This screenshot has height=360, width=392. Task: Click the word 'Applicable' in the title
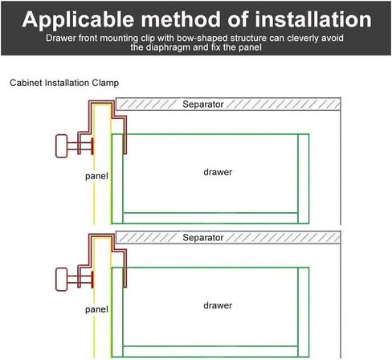point(78,20)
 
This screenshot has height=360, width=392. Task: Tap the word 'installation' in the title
point(313,19)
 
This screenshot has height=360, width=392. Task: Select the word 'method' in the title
point(182,19)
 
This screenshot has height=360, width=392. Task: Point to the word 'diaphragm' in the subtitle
point(169,47)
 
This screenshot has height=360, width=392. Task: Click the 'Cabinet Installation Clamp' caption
point(64,83)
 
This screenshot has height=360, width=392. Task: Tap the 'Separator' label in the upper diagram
point(203,104)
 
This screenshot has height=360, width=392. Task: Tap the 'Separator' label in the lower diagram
point(203,238)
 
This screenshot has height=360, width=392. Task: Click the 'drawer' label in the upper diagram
point(218,172)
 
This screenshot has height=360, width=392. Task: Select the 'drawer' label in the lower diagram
point(218,305)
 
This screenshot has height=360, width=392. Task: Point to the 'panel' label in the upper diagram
point(96,177)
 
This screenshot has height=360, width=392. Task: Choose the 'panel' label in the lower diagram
point(96,310)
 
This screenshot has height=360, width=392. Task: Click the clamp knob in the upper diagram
point(61,146)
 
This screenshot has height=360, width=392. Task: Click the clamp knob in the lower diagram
point(61,280)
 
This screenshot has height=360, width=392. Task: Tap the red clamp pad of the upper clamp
point(92,146)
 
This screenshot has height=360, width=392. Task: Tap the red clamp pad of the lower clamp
point(92,280)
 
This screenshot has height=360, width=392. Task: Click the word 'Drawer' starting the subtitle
point(61,38)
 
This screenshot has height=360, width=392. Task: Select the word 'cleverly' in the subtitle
point(302,39)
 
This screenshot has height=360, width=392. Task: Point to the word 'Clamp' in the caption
point(105,83)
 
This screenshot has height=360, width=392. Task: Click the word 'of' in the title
point(238,19)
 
